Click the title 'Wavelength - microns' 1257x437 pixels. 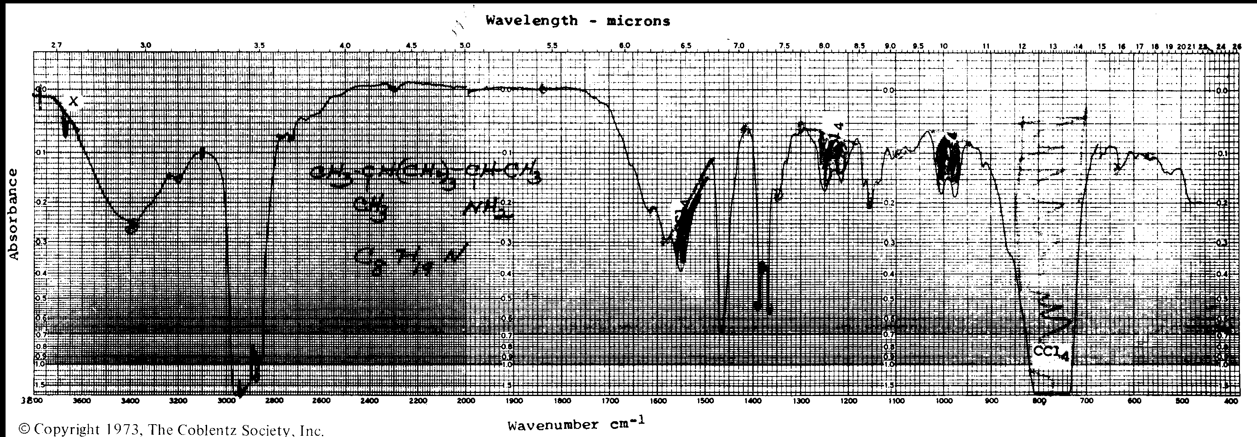[578, 21]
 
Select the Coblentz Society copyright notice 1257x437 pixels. [171, 430]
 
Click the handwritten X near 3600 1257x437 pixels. [73, 102]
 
